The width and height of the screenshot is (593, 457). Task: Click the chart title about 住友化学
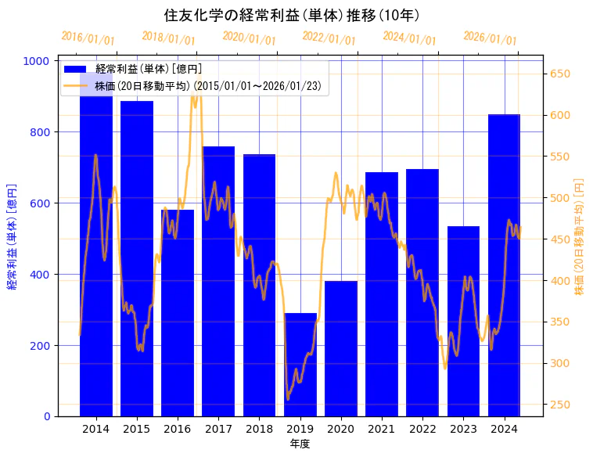(x=292, y=15)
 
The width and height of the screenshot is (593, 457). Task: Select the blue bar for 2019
(x=300, y=365)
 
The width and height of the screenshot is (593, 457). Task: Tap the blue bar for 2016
(x=178, y=313)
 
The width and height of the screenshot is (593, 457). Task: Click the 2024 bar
(x=505, y=266)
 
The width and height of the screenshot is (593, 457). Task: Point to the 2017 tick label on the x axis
(x=218, y=429)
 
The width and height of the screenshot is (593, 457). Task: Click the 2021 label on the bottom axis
(x=382, y=429)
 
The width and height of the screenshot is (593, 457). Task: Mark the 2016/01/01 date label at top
(x=88, y=38)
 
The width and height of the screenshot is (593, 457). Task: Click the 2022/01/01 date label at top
(x=329, y=38)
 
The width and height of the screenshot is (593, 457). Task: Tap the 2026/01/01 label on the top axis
(x=490, y=38)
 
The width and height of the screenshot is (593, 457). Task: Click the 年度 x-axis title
(x=300, y=444)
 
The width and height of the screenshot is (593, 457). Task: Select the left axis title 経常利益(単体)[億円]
(x=12, y=237)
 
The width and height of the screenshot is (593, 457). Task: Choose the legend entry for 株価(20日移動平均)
(x=207, y=86)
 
